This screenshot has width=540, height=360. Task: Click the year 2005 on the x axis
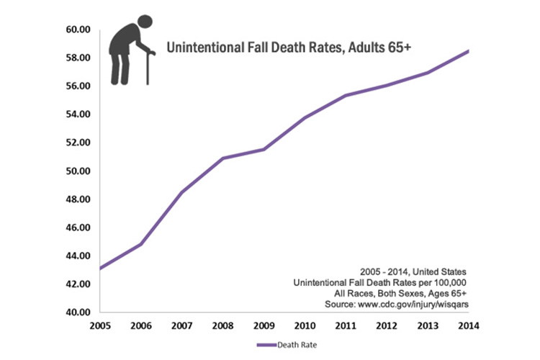tap(101, 325)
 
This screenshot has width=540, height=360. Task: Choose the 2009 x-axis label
tap(264, 325)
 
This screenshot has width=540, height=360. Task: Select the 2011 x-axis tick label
tap(346, 325)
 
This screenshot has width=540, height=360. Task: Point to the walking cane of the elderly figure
tap(148, 69)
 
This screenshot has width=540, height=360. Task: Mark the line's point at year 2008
tap(223, 158)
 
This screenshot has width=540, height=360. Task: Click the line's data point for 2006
tap(141, 244)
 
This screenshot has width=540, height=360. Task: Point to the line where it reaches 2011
tap(346, 95)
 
